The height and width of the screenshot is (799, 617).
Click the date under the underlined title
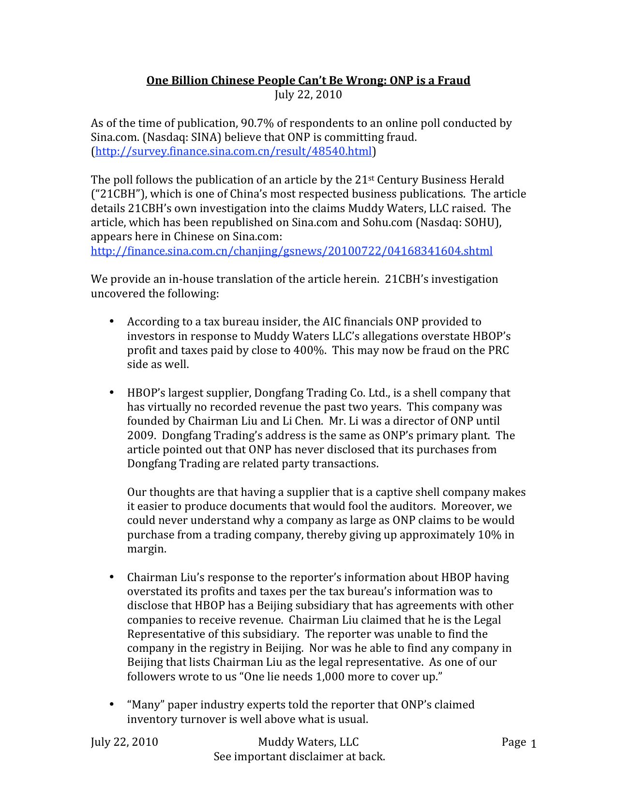pyautogui.click(x=308, y=94)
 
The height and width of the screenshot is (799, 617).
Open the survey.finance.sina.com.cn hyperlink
pyautogui.click(x=234, y=152)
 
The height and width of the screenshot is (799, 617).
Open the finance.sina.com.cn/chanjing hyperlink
pyautogui.click(x=292, y=251)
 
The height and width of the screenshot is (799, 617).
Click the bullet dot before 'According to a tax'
pyautogui.click(x=111, y=322)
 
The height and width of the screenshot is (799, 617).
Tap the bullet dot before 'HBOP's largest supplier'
pyautogui.click(x=111, y=392)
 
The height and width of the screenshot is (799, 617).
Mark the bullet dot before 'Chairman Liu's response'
pyautogui.click(x=111, y=577)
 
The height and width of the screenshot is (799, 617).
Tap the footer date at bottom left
pyautogui.click(x=124, y=742)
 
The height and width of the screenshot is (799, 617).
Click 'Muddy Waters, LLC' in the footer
pyautogui.click(x=308, y=742)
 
